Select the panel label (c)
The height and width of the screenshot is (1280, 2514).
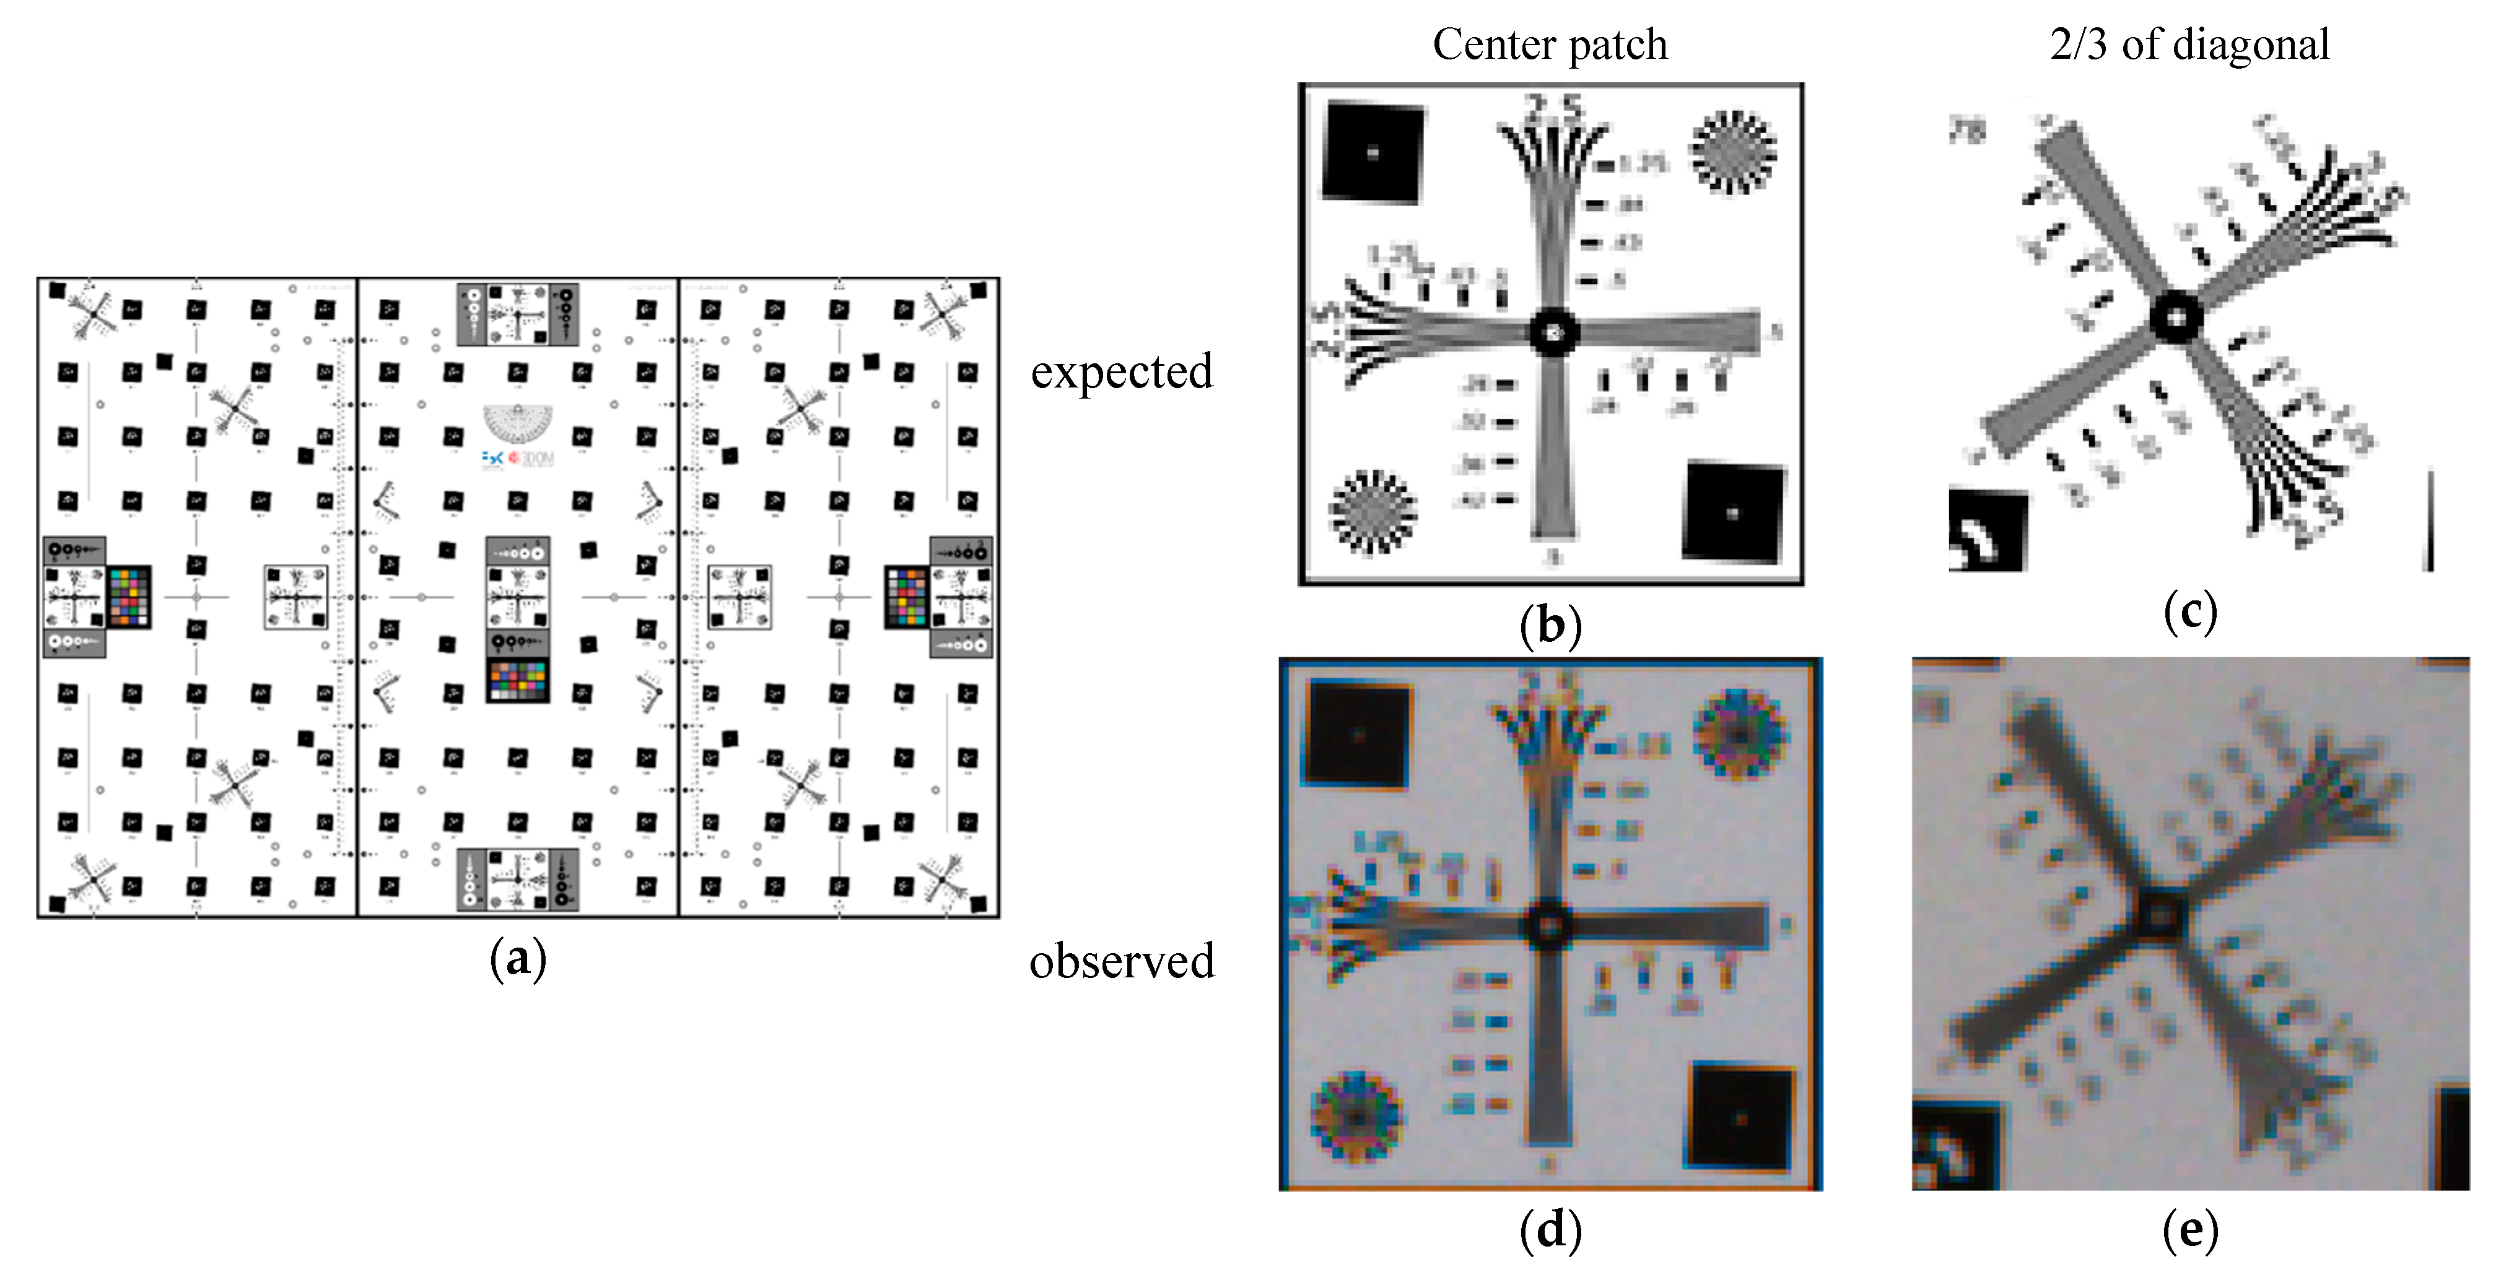(x=2190, y=612)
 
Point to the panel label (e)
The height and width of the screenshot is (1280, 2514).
(x=2190, y=1230)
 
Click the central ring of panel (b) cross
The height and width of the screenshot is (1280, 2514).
(x=1553, y=332)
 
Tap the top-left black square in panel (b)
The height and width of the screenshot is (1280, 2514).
(x=1372, y=152)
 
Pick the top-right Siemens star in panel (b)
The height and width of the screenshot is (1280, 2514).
(x=1732, y=151)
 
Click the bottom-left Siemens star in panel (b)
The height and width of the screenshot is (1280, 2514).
(x=1372, y=511)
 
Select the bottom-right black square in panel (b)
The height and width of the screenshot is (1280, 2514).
(x=1733, y=512)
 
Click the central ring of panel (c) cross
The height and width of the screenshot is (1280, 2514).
(x=2177, y=316)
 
